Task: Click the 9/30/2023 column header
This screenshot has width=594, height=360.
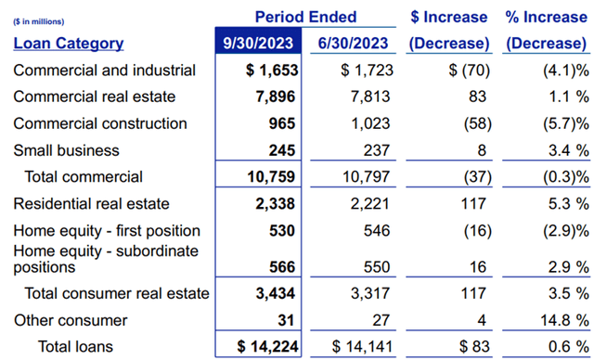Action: [x=260, y=43]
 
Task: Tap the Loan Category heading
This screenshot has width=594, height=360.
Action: [x=69, y=43]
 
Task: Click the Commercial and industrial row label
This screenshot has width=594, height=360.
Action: [x=105, y=70]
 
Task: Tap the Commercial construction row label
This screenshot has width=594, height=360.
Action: [x=100, y=123]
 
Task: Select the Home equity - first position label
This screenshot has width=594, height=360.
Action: [x=107, y=230]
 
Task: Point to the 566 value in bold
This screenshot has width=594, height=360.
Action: [x=281, y=266]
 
